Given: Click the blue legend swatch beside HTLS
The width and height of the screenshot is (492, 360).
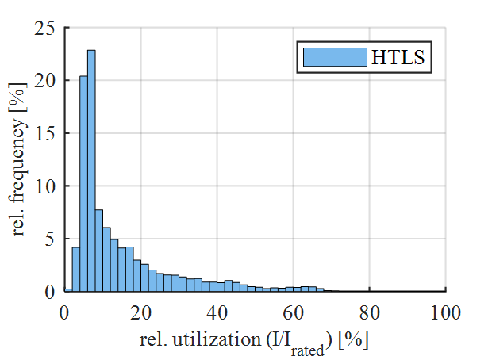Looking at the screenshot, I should point(334,58).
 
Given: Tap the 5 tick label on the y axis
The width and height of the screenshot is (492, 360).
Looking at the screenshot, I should point(48,239).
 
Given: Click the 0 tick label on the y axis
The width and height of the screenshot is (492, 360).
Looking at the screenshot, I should point(48,292).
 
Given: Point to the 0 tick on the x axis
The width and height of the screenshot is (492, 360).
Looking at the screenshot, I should point(65,312).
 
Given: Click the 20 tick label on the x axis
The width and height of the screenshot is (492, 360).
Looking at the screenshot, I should point(140,312).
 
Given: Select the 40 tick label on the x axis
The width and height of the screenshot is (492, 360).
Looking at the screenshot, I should point(217,312).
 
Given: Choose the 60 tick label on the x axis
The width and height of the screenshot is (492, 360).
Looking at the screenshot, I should point(293,312).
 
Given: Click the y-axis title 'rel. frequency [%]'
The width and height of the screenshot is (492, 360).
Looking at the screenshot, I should point(19,159).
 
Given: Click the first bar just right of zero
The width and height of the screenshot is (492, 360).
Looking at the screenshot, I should point(68,290).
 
